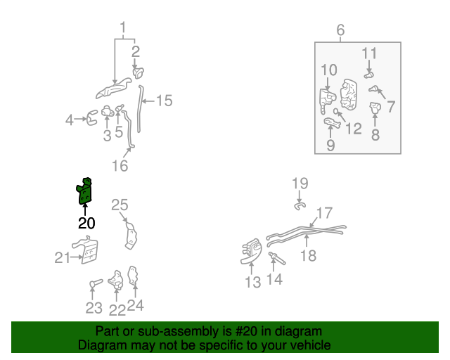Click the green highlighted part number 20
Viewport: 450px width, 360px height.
(x=85, y=192)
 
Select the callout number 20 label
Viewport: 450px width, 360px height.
(x=86, y=224)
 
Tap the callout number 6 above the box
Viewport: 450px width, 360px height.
(x=340, y=30)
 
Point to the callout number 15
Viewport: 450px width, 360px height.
(x=163, y=101)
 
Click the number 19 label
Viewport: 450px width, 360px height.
(x=300, y=184)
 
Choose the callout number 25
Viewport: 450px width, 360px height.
(x=120, y=205)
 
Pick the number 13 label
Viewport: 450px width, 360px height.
(x=252, y=282)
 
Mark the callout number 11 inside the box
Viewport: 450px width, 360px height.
(x=370, y=53)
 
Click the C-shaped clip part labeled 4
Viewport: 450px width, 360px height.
(x=91, y=120)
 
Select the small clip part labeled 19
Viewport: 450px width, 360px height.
(x=299, y=205)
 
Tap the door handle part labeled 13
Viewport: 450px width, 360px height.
(x=250, y=252)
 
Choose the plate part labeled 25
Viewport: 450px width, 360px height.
(x=129, y=233)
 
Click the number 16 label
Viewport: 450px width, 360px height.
(x=120, y=166)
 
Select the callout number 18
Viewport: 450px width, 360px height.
(x=308, y=256)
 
